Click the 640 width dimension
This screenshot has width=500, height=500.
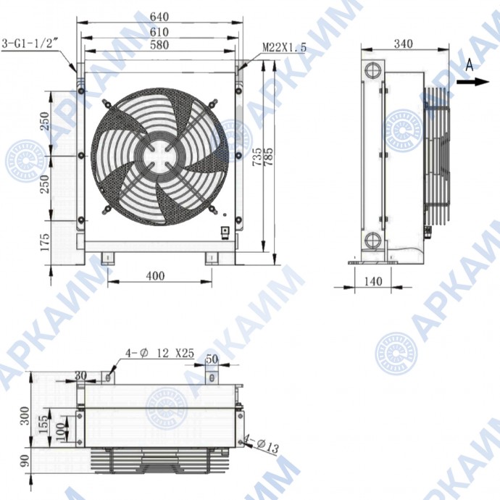pos(159,17)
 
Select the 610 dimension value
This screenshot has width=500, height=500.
pos(159,32)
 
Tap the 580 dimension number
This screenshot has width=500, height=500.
pos(159,45)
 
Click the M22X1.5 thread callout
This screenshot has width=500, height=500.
pos(284,48)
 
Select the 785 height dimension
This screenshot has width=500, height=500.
pos(269,157)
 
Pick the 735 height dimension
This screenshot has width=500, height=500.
pos(257,157)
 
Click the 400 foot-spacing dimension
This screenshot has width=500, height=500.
pos(155,275)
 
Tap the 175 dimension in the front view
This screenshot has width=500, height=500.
pos(45,242)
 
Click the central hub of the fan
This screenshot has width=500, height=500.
pos(159,157)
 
